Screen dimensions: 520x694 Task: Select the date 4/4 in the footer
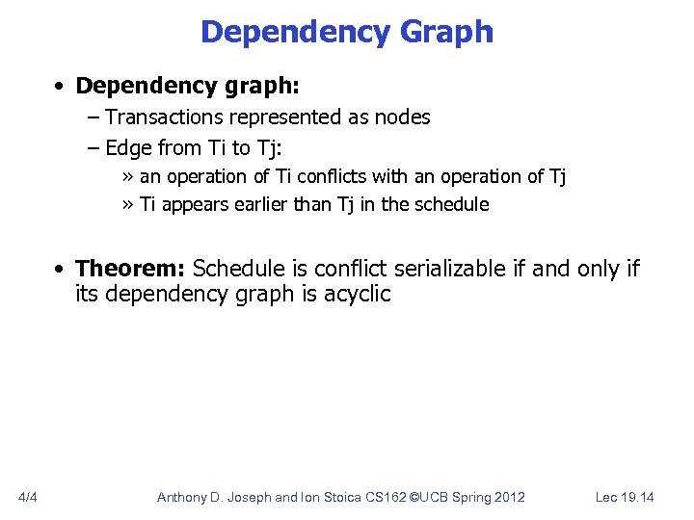(x=28, y=497)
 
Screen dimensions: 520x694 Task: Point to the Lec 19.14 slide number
(x=625, y=497)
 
